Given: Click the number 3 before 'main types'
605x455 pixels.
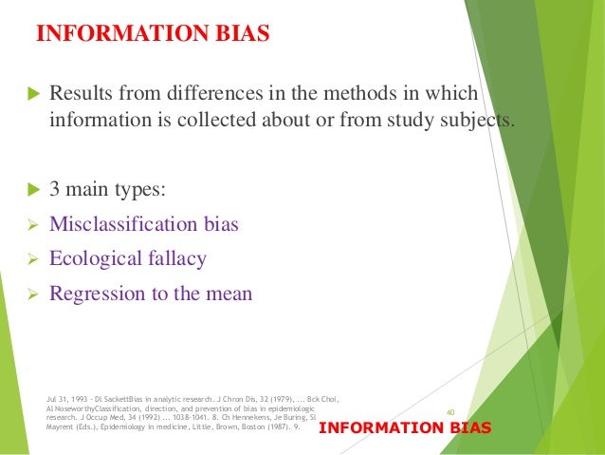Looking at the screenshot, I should pyautogui.click(x=55, y=190).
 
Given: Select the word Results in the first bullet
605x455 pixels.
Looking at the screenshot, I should pyautogui.click(x=82, y=95).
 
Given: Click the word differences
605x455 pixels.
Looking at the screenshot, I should pyautogui.click(x=215, y=95).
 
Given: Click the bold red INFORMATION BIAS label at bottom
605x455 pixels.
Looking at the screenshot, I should pyautogui.click(x=405, y=428).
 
